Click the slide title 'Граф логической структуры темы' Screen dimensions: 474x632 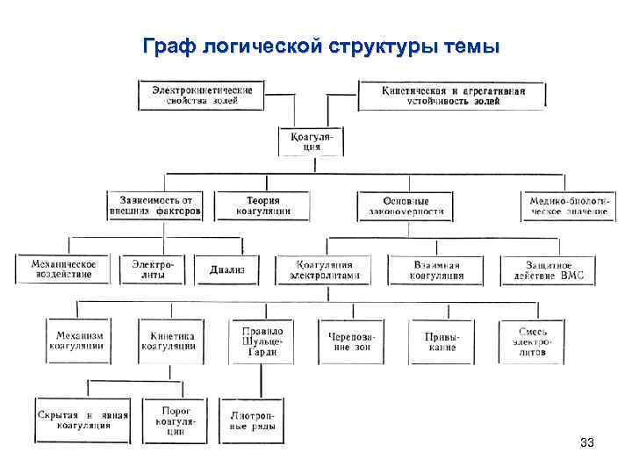pos(321,46)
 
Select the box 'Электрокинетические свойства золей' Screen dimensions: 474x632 pos(203,95)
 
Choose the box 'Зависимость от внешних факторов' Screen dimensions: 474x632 pos(155,205)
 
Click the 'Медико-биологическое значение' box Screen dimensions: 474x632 pos(567,205)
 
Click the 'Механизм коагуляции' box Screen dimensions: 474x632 pos(80,341)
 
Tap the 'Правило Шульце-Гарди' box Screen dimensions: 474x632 pos(260,341)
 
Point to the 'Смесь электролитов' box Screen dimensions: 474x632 pos(533,341)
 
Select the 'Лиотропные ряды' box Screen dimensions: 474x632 pos(251,421)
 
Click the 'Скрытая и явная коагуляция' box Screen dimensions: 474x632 pos(83,420)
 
